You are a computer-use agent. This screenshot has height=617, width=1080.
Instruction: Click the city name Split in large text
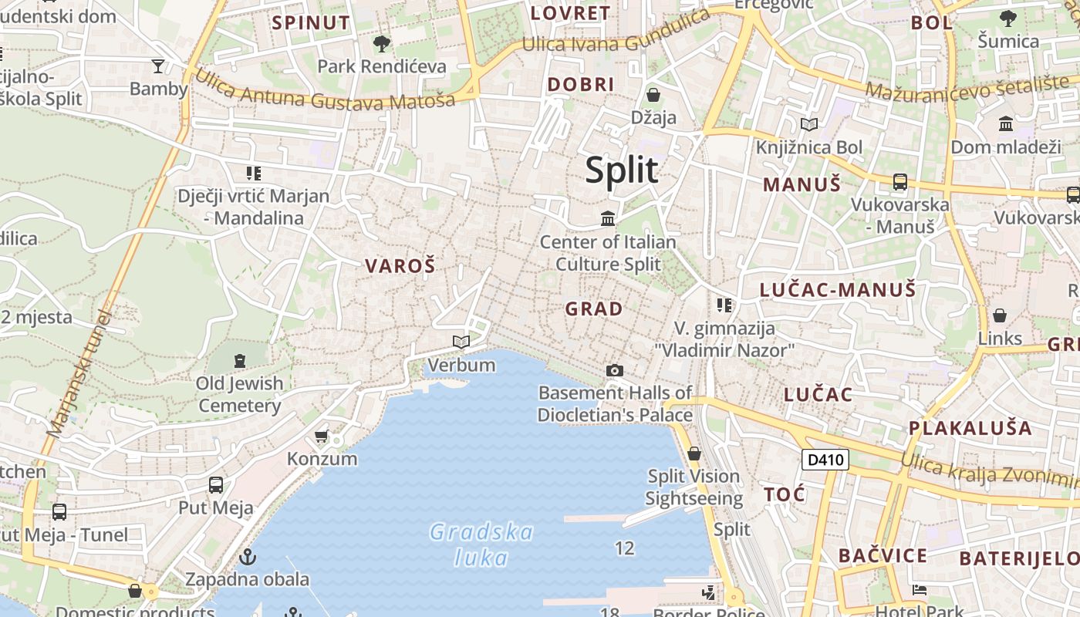622,170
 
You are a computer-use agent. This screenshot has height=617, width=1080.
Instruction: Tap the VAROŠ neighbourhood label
400,267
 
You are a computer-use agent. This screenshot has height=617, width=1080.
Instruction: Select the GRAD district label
593,309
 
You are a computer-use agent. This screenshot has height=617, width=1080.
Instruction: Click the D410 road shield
825,460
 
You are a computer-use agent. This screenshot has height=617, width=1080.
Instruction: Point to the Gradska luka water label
481,545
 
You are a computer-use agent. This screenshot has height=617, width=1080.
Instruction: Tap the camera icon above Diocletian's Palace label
614,371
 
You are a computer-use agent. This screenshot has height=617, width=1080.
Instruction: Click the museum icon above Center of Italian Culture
608,219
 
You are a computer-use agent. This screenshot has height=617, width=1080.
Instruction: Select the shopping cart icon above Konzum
322,437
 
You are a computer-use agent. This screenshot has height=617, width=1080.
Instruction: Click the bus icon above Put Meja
216,485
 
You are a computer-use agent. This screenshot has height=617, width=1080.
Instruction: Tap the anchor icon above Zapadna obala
248,556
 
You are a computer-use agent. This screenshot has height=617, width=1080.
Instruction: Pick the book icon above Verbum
461,342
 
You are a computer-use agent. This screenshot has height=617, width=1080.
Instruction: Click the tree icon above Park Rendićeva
381,43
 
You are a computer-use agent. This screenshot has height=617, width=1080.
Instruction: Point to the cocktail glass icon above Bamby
158,66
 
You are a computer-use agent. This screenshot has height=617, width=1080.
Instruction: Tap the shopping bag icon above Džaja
653,95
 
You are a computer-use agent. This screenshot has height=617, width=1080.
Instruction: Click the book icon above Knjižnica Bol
809,124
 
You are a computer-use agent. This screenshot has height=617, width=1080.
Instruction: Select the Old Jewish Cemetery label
240,394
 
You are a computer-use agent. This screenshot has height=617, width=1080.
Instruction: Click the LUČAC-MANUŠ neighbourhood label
838,290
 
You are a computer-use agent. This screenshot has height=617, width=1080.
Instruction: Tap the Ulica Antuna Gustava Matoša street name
324,89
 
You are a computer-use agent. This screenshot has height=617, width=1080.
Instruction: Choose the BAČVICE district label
883,555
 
